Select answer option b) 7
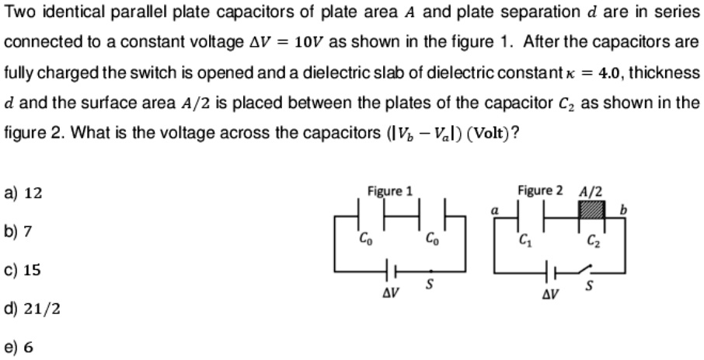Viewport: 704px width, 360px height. (x=20, y=231)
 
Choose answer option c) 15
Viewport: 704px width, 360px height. (x=23, y=270)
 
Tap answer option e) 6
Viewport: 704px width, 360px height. (x=19, y=348)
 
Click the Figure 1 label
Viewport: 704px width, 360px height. (x=390, y=191)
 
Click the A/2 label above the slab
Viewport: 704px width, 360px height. (x=591, y=191)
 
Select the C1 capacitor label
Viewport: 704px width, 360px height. (x=525, y=238)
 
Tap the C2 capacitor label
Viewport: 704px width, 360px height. (x=594, y=239)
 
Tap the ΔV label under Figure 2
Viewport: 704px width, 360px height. (x=549, y=296)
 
